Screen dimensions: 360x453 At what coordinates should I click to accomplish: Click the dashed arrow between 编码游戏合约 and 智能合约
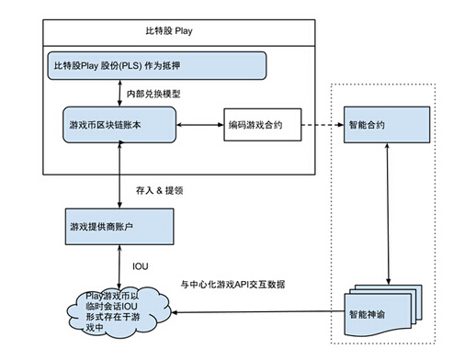(322, 124)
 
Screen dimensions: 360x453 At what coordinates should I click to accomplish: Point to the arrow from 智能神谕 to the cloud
(257, 312)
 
